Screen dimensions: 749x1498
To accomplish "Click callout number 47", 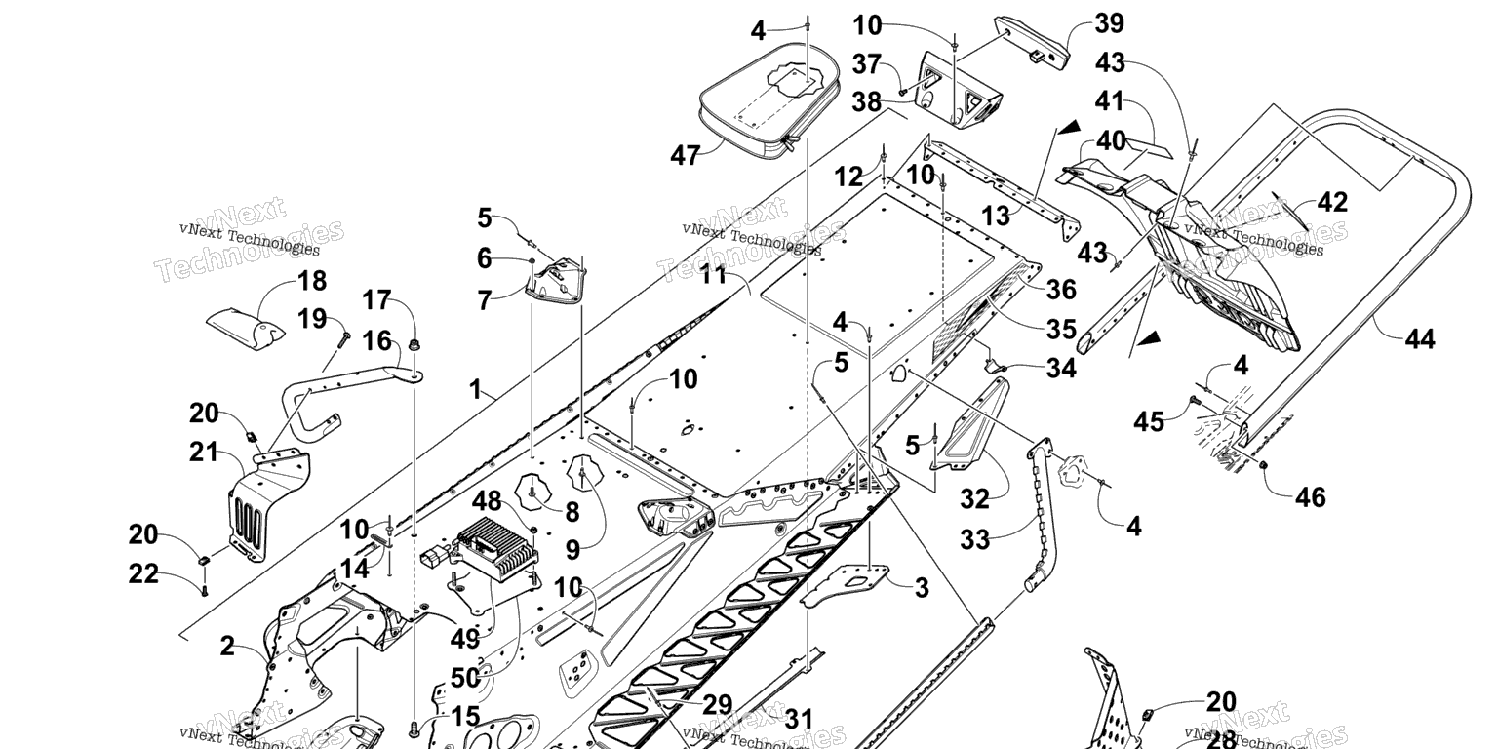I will [686, 154].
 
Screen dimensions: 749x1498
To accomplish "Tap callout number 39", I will [1082, 24].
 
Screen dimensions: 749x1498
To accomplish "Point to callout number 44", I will [1420, 339].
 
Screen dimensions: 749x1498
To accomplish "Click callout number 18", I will [311, 283].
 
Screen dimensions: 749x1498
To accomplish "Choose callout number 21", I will [203, 452].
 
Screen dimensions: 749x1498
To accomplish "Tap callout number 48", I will [487, 502].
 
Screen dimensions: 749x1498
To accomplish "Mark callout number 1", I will [475, 390].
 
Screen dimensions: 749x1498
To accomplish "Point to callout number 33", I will [976, 538].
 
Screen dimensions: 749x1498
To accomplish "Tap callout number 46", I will [1311, 497].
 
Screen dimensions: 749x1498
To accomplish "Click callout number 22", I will [143, 574].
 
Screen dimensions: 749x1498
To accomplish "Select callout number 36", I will [1061, 290].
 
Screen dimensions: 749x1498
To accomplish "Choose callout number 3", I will [921, 588].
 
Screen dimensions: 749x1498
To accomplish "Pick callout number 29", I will [717, 704].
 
